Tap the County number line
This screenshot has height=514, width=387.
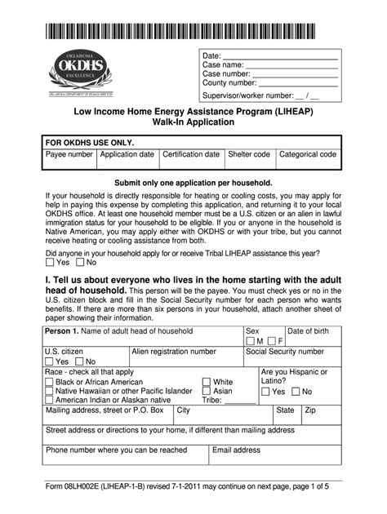point(298,83)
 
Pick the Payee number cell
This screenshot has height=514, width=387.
point(69,155)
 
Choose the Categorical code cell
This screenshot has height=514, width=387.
point(308,155)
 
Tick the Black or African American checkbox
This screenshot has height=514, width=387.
point(50,382)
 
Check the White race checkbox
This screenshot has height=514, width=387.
point(207,382)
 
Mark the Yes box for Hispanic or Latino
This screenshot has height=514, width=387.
point(266,392)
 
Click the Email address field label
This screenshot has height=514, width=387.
point(236,450)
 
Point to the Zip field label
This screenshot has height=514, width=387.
point(310,410)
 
